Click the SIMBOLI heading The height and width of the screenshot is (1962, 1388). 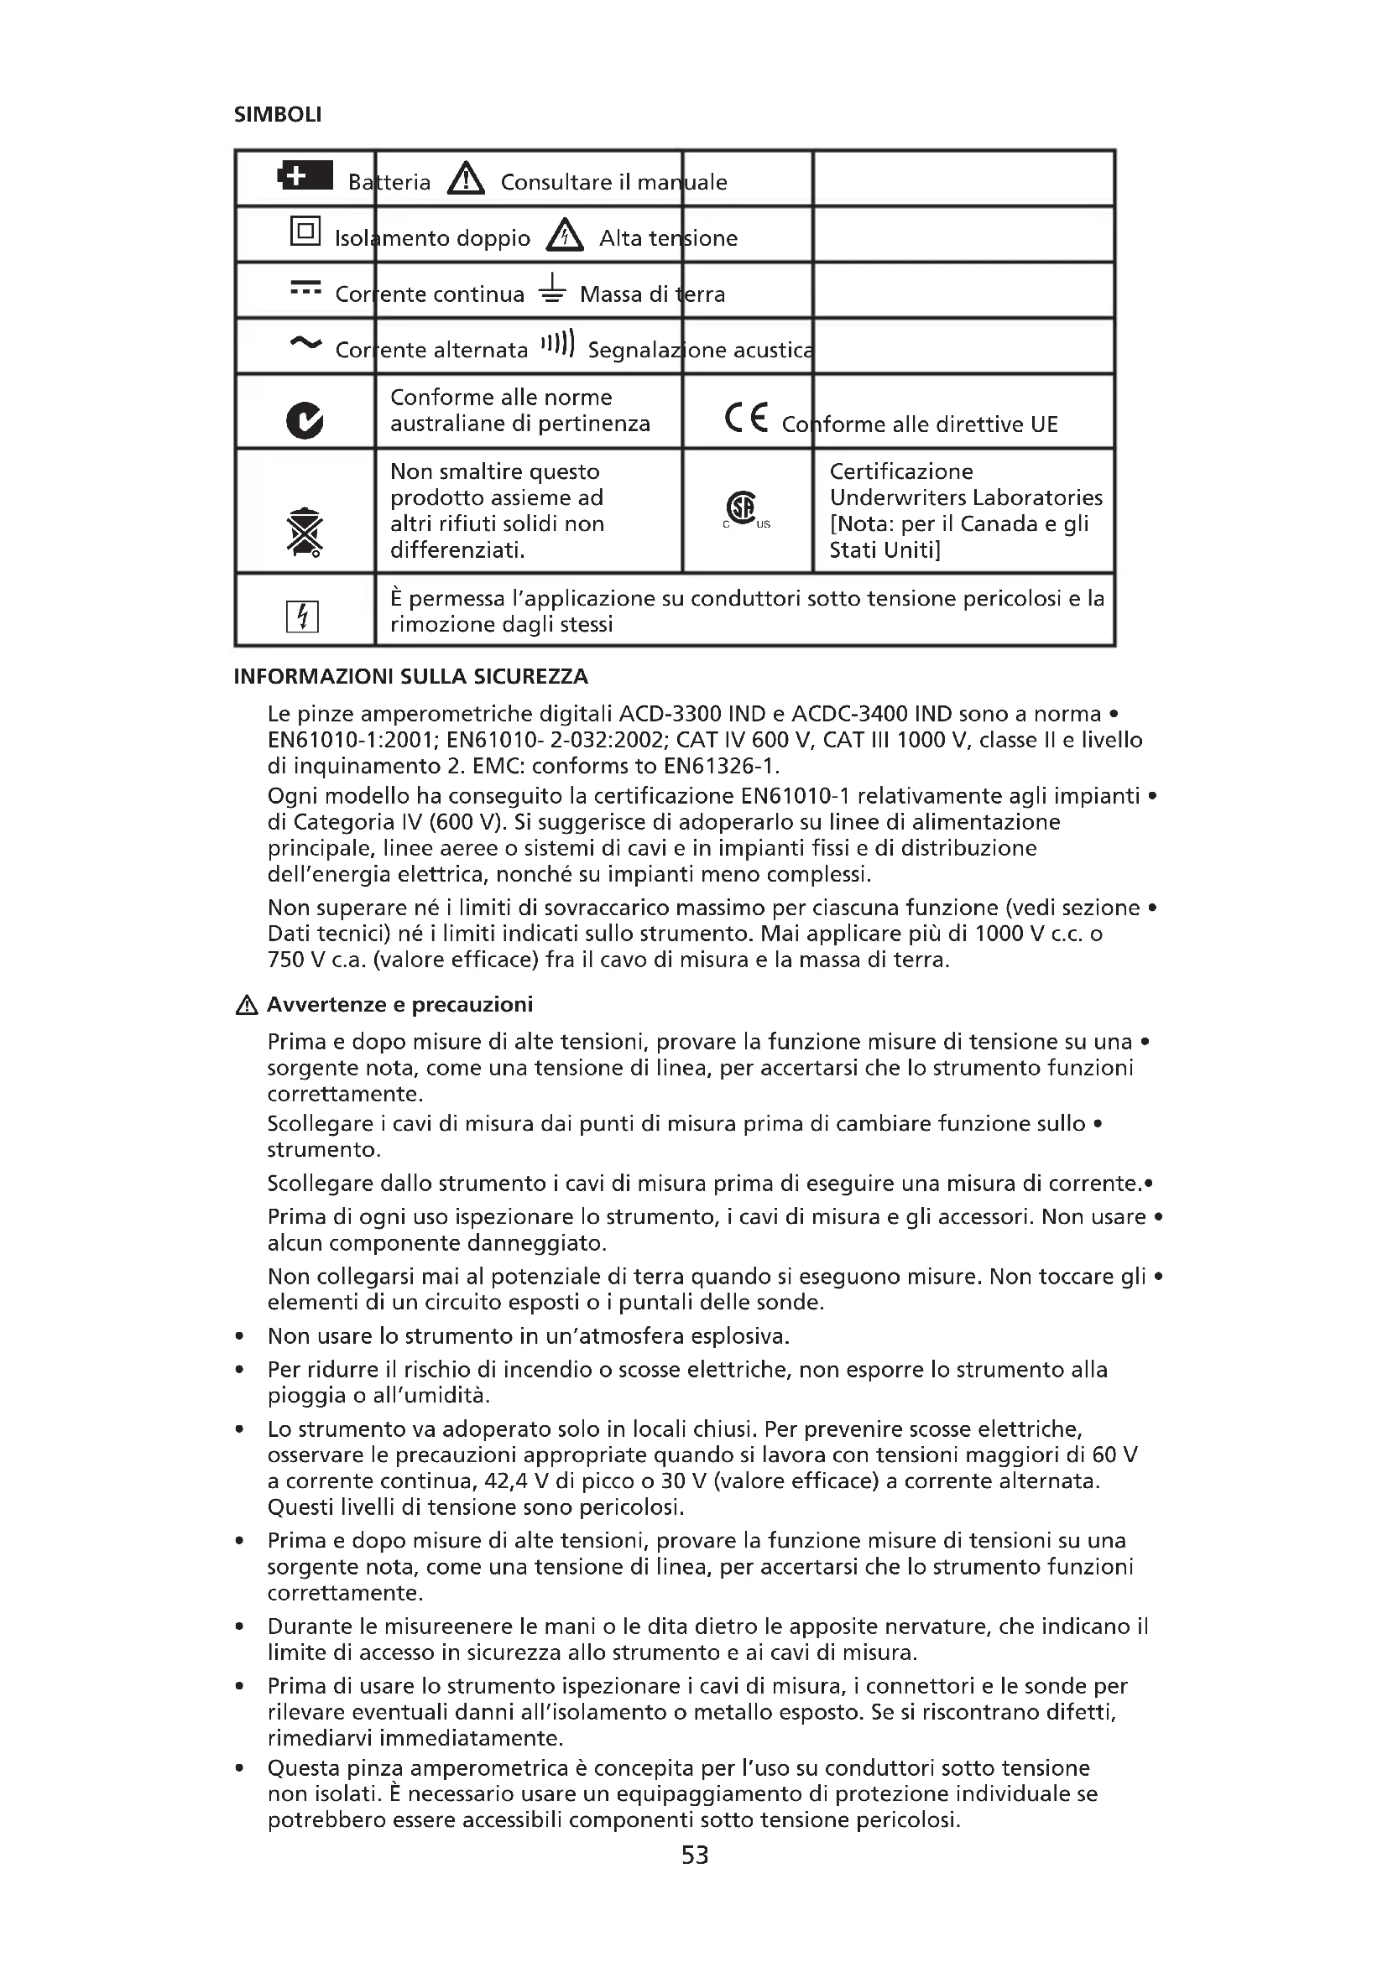[278, 115]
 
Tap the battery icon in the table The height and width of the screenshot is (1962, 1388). [305, 176]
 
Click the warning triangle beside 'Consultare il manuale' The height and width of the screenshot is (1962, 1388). [466, 179]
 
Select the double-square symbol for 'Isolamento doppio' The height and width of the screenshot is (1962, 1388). [305, 231]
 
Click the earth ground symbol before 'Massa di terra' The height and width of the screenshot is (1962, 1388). [553, 289]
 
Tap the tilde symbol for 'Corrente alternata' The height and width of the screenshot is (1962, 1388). [305, 344]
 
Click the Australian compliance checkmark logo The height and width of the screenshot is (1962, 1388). [305, 419]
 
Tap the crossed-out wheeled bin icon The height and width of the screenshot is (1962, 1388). [305, 532]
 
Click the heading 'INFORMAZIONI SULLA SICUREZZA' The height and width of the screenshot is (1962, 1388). [411, 677]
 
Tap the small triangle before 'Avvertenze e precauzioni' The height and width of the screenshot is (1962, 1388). [246, 1006]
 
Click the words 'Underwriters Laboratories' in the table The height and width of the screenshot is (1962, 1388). [966, 497]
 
